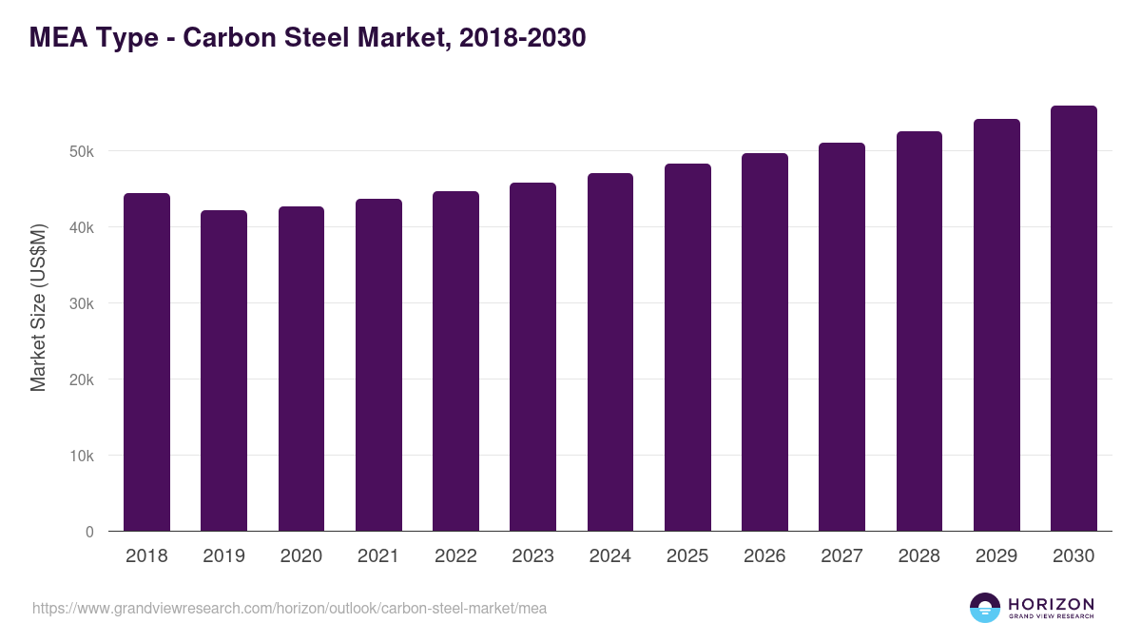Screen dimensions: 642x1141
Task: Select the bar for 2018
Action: coord(146,362)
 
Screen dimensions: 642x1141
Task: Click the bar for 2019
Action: coord(223,371)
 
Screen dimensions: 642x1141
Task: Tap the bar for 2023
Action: coord(532,357)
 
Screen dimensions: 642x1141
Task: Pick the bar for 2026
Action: coord(764,342)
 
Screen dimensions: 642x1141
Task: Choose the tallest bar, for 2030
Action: coord(1073,319)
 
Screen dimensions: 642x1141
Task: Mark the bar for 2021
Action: coord(378,365)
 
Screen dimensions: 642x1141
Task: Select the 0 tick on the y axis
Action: coord(89,532)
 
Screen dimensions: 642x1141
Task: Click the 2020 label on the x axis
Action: coord(300,556)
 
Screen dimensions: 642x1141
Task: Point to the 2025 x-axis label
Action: coord(687,556)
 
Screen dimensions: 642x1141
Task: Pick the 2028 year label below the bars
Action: coord(919,556)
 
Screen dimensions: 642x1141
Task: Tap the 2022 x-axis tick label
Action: coord(455,556)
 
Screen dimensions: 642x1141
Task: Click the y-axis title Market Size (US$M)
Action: coord(38,307)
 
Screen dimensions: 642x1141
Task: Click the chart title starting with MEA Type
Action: coord(307,38)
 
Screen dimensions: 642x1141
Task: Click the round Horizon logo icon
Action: coord(985,608)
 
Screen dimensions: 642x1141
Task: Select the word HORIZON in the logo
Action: coord(1051,604)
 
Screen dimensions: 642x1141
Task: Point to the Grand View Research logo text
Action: coord(1051,617)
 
